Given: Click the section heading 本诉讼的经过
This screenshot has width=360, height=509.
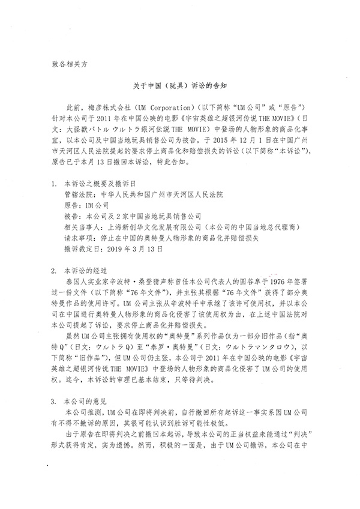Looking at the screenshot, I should [x=83, y=271].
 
